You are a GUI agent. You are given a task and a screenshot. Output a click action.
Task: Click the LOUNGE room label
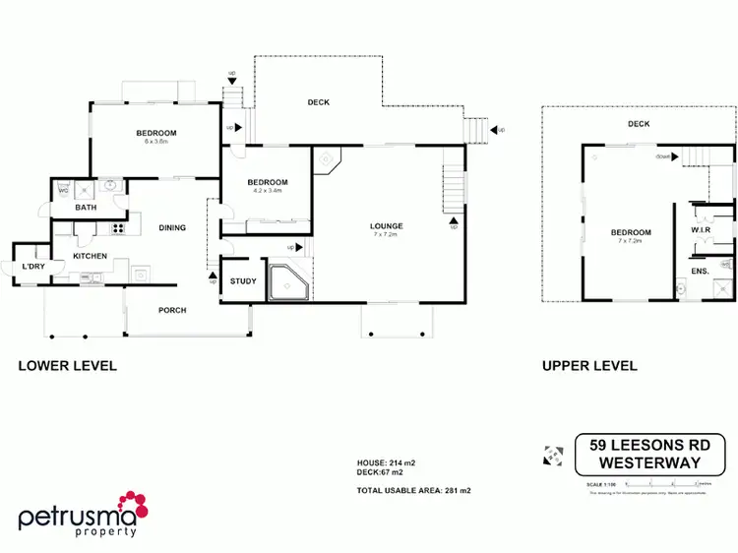point(387,226)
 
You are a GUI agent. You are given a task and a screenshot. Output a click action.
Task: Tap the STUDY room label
point(243,281)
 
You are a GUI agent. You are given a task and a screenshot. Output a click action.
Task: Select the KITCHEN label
point(90,256)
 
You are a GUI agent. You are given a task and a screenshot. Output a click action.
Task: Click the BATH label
point(86,208)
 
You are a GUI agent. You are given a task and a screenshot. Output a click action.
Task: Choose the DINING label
point(172,228)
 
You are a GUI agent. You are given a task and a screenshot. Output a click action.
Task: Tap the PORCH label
point(172,310)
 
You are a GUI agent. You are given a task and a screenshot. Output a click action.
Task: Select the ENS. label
point(700,271)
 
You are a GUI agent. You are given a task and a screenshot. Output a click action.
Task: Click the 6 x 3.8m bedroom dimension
point(156,142)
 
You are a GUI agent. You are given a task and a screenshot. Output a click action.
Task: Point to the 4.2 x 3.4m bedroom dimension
point(267,191)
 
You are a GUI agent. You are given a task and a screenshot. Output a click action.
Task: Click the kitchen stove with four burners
point(118,228)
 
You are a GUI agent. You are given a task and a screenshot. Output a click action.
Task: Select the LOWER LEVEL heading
point(68,366)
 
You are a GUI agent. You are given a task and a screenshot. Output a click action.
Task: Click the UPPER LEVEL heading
point(589,366)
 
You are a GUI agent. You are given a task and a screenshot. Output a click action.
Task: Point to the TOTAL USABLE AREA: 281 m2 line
point(414,489)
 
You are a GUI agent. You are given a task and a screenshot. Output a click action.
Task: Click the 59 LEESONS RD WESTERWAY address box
point(649,454)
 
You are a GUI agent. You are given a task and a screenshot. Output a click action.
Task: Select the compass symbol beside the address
point(552,456)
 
